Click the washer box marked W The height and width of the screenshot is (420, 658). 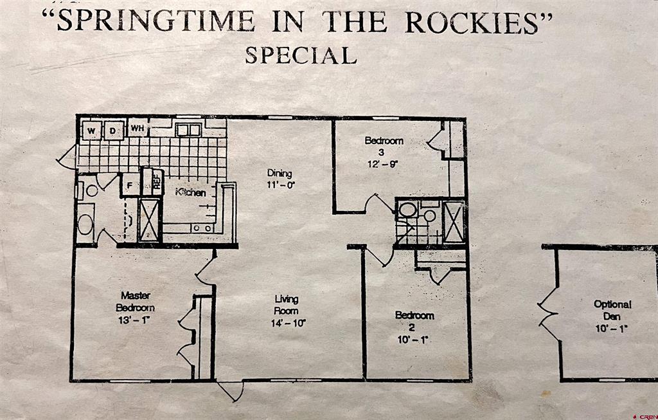[x=91, y=131]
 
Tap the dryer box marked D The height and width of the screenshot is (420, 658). [x=113, y=131]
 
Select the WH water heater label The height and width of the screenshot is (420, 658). [x=137, y=129]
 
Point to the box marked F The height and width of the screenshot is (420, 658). [x=129, y=187]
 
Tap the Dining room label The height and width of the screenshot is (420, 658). [x=280, y=173]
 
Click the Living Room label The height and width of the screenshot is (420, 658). [x=287, y=305]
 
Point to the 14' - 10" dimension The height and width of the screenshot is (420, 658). [x=288, y=323]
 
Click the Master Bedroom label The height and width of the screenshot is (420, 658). [x=136, y=302]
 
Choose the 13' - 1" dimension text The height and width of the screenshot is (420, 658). [x=136, y=320]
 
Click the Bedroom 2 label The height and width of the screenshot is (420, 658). [x=414, y=320]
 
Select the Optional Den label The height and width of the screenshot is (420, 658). [x=612, y=310]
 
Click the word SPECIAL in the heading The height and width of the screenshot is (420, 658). [x=300, y=55]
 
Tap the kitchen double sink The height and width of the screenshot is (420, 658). [x=188, y=130]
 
